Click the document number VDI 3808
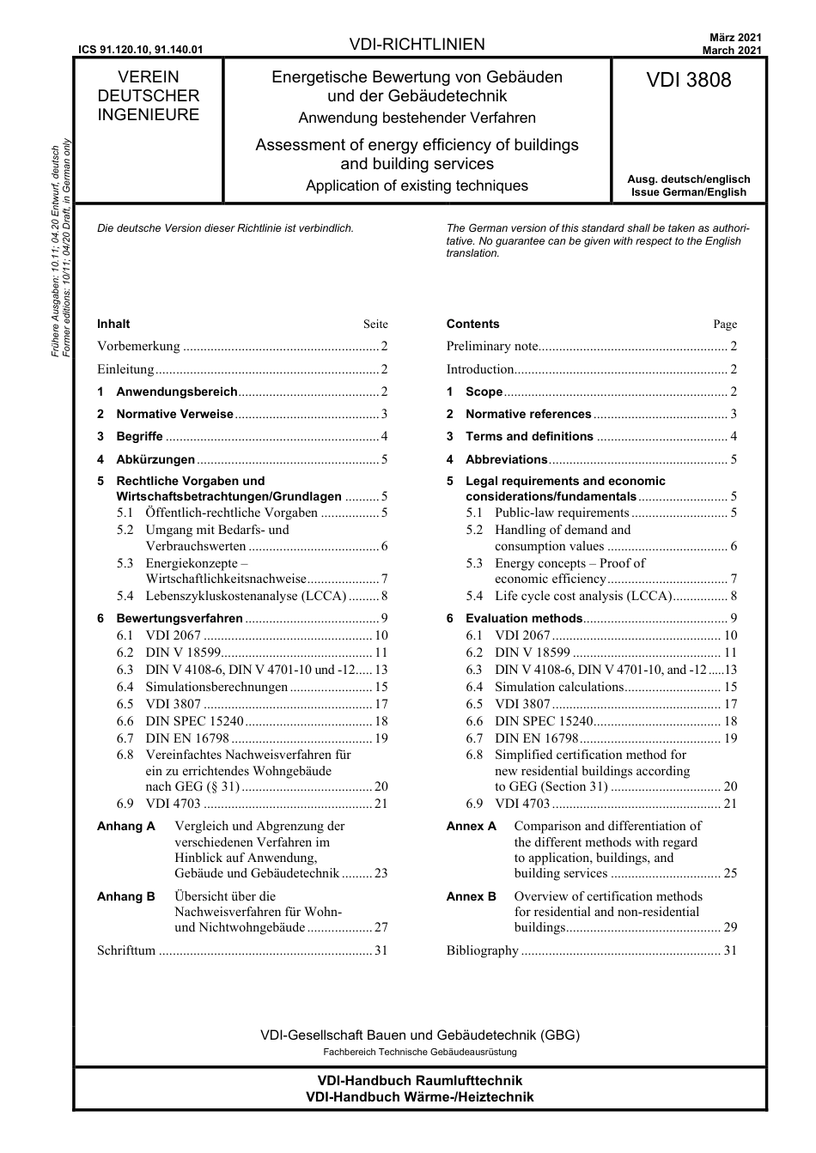[688, 81]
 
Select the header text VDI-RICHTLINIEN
[417, 45]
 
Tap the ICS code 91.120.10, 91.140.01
[140, 50]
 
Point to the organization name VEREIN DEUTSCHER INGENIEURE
[148, 96]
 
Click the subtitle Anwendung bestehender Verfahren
[417, 118]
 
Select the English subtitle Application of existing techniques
[417, 186]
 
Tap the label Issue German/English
[688, 192]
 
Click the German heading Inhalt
[113, 325]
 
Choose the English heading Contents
[472, 325]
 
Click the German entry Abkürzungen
[155, 459]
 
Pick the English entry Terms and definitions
[529, 437]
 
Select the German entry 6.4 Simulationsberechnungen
[216, 687]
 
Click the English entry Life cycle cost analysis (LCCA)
[583, 596]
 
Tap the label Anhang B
[126, 896]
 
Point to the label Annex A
[471, 826]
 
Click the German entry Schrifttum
[126, 950]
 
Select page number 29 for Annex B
[730, 927]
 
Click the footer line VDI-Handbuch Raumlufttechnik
[419, 1081]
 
